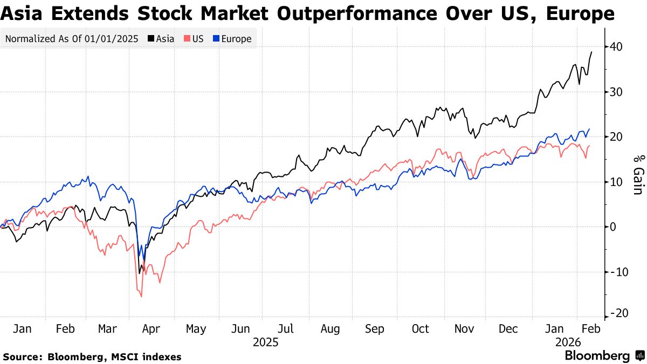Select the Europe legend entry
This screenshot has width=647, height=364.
click(232, 39)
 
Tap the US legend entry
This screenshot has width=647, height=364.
click(194, 39)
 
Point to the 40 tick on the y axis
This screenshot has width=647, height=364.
click(616, 47)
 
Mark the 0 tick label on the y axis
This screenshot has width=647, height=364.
click(613, 227)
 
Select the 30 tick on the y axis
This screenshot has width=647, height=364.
click(616, 92)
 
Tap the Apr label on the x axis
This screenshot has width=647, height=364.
click(152, 329)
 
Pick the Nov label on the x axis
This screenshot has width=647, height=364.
click(464, 329)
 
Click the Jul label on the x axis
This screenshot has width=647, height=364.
click(286, 329)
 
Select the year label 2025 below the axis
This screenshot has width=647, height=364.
click(265, 342)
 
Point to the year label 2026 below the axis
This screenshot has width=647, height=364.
click(568, 342)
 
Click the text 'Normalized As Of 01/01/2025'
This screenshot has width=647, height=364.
click(73, 39)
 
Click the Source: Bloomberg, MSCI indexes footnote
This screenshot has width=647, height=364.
click(92, 357)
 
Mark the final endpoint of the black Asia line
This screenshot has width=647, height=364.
click(592, 52)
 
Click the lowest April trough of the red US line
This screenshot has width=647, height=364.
click(141, 296)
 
